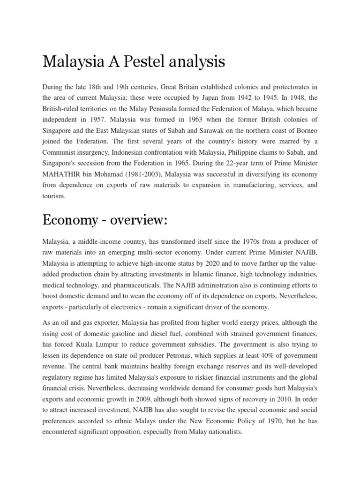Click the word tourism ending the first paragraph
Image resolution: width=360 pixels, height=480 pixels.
pyautogui.click(x=54, y=197)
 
